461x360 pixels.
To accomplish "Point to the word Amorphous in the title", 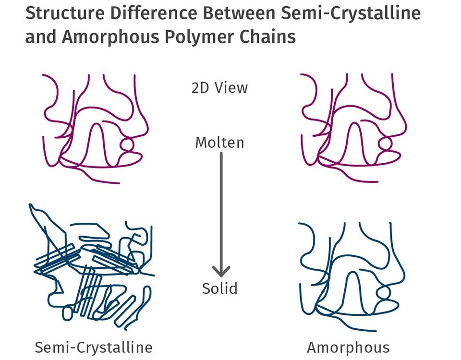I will (x=111, y=36).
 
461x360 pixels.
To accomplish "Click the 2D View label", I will (x=219, y=88).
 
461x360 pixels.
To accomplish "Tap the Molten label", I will (x=219, y=143).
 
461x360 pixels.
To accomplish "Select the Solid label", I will (x=219, y=288).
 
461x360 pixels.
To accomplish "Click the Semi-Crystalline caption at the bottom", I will (x=94, y=347).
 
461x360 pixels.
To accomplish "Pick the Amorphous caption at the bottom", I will (x=348, y=347).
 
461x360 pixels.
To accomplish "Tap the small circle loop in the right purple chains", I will (x=384, y=144).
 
